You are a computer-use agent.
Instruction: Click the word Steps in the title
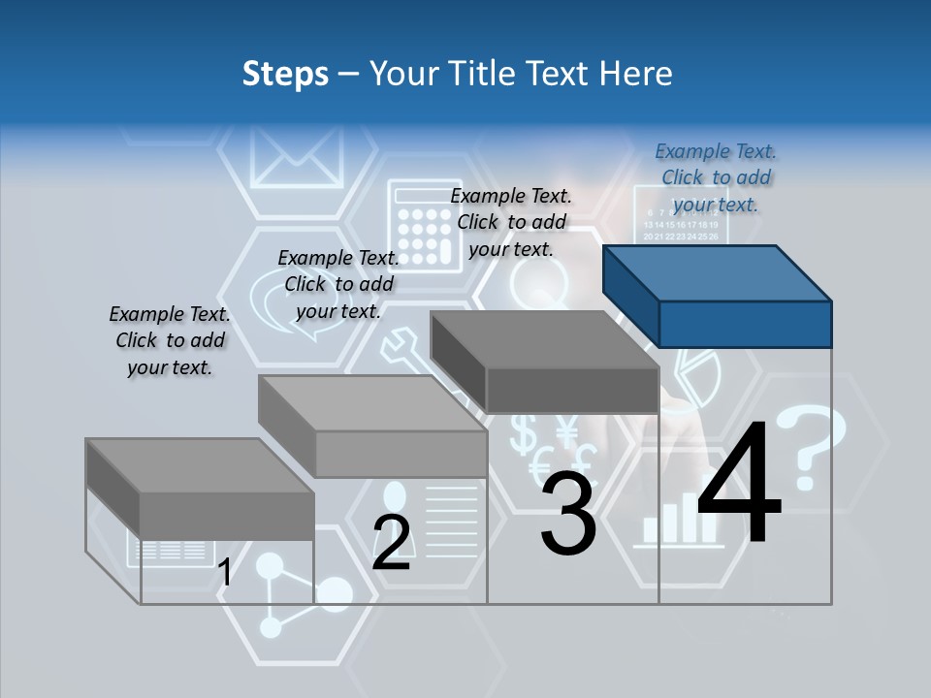(x=285, y=74)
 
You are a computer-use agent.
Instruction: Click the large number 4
(x=739, y=486)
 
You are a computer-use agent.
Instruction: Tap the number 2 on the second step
(x=391, y=543)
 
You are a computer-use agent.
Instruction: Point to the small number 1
(x=224, y=572)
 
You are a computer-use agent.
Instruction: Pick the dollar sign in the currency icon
(x=524, y=433)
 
